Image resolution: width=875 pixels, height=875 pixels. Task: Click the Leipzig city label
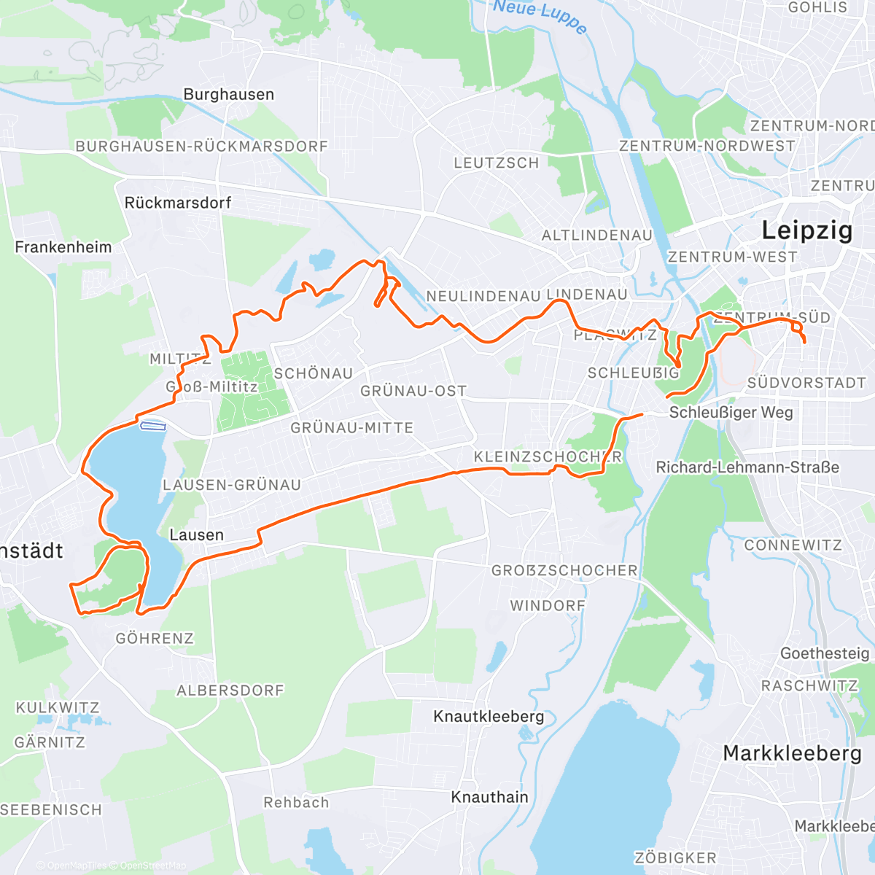click(806, 230)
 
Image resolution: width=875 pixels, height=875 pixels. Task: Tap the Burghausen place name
click(229, 95)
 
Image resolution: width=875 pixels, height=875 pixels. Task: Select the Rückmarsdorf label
click(178, 203)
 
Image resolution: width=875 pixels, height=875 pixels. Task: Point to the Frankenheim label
click(63, 247)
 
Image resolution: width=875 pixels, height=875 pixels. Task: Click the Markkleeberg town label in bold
click(792, 753)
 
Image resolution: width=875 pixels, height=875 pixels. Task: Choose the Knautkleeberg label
click(489, 716)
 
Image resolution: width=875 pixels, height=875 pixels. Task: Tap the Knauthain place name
click(489, 797)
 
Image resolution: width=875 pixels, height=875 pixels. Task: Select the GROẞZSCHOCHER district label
click(564, 571)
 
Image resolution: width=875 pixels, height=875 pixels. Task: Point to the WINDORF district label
click(548, 606)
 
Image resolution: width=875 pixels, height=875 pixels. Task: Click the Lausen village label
click(196, 535)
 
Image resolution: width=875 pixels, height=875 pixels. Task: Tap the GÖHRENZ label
click(155, 639)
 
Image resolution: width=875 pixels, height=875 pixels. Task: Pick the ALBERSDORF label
click(230, 691)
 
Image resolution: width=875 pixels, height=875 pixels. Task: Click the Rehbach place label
click(296, 803)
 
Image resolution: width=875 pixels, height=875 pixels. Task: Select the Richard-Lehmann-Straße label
click(747, 467)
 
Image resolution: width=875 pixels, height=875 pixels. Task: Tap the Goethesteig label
click(825, 653)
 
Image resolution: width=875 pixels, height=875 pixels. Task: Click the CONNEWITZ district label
click(793, 545)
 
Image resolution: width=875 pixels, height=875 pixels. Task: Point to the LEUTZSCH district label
click(496, 163)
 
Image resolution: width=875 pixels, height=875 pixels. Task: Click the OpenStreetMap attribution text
click(153, 866)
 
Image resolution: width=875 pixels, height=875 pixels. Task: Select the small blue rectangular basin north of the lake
click(153, 426)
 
